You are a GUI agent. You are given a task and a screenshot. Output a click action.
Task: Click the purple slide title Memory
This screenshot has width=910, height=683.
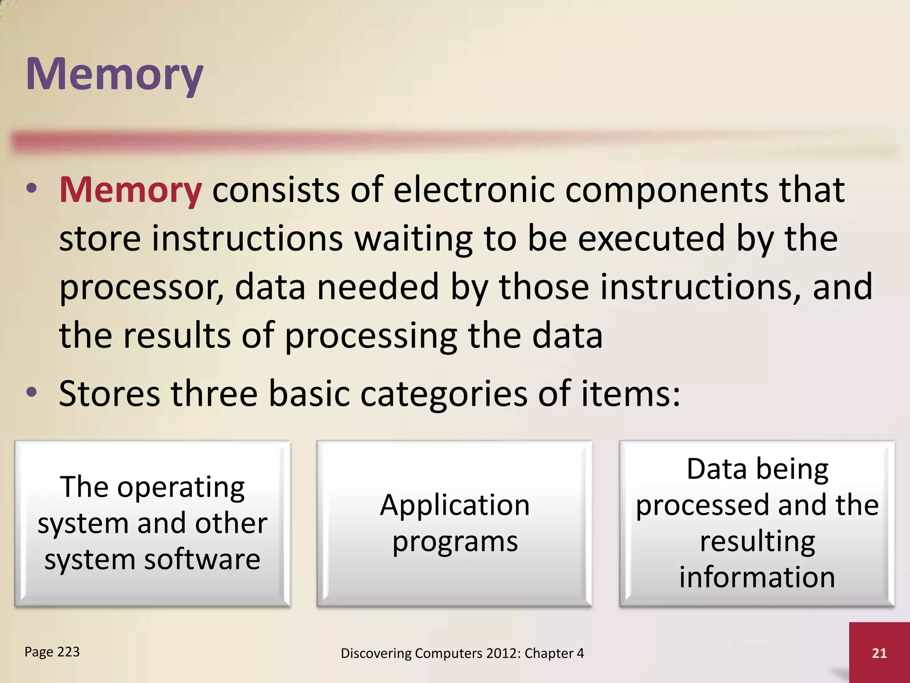115,75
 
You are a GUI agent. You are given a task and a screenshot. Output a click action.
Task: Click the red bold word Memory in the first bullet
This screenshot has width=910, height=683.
131,190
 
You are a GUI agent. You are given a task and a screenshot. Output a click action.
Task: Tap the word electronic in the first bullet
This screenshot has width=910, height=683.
474,190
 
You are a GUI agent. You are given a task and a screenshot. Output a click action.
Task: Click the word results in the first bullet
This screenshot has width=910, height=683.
177,335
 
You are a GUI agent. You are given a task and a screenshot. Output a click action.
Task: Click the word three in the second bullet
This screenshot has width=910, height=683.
214,394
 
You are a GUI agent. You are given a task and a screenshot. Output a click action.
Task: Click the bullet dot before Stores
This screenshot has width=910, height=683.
32,392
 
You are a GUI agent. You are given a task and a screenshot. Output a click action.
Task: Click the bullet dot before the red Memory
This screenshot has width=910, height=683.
32,189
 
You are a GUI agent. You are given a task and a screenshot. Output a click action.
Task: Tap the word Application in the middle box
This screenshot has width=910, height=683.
455,506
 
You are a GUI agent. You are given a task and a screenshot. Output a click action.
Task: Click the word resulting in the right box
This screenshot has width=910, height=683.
757,542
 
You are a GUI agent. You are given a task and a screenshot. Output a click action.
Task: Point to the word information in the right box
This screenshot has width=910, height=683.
757,577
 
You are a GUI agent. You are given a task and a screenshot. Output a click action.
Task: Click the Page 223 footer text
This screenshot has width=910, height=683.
52,652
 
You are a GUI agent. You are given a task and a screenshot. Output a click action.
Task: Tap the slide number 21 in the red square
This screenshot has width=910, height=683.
879,653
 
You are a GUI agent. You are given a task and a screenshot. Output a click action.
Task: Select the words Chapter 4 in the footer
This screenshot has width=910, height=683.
554,653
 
